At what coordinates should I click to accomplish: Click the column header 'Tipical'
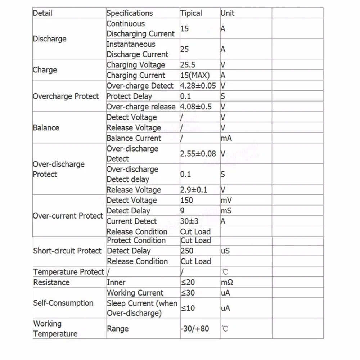(191, 13)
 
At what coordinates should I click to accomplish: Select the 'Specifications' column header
(130, 13)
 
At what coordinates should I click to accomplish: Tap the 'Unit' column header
(227, 13)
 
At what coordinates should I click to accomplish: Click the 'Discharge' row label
(50, 39)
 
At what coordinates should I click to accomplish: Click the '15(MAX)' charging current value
(195, 76)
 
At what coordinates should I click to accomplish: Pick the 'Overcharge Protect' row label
(66, 96)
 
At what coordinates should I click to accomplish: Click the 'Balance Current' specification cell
(134, 138)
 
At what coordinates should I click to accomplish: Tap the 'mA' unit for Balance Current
(226, 138)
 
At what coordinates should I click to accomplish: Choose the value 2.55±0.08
(198, 154)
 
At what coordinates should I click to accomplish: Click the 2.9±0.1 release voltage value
(194, 190)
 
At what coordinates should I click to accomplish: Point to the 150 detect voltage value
(187, 200)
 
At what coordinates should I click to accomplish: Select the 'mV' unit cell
(226, 200)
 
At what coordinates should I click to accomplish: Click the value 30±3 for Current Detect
(189, 221)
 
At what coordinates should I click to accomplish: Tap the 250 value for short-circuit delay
(187, 251)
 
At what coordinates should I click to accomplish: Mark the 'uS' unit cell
(225, 251)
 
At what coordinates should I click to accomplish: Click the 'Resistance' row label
(51, 283)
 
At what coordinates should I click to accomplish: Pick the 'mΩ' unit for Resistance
(227, 283)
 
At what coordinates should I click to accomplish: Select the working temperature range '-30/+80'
(195, 329)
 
